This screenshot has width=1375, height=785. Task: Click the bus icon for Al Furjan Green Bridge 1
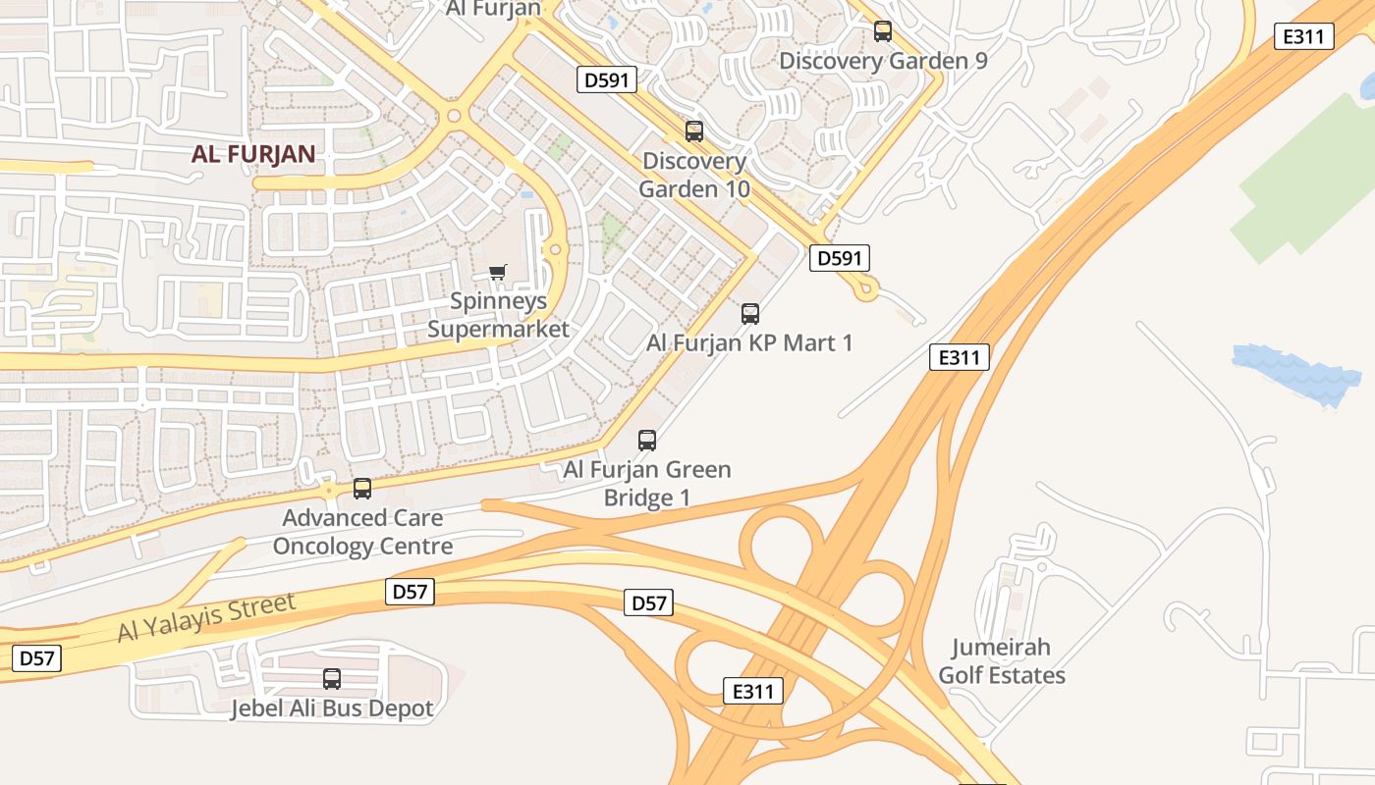646,440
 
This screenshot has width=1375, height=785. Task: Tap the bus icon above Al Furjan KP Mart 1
750,314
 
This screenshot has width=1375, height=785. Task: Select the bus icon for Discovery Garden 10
694,131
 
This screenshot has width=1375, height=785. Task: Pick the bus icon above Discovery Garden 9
883,31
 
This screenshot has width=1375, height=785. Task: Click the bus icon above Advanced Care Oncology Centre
362,488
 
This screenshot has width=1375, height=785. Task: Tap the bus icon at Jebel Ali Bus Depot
332,678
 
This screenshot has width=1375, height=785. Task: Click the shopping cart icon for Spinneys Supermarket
498,272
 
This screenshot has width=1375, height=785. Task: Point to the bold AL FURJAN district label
253,153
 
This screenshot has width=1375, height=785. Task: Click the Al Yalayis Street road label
206,617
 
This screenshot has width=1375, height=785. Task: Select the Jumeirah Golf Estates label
1002,661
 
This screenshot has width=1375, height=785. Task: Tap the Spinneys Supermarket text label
499,315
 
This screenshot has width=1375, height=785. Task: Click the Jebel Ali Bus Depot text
332,708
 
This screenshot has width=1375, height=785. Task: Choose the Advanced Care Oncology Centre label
362,532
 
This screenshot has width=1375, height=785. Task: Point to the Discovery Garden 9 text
883,61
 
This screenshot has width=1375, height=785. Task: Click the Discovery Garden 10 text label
694,175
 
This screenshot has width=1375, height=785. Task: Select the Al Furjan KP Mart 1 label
749,342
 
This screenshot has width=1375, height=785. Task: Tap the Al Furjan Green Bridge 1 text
646,483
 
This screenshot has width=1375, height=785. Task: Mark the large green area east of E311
1306,177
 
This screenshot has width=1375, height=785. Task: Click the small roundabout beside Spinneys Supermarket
555,250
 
